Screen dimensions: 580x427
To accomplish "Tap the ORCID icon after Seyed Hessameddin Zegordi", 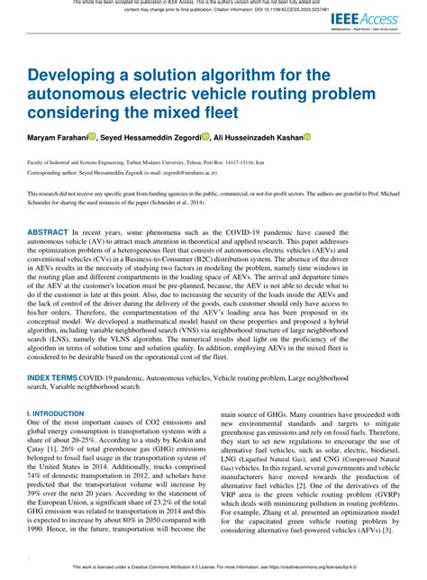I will pyautogui.click(x=205, y=138).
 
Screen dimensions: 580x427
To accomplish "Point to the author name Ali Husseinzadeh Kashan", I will pyautogui.click(x=256, y=138).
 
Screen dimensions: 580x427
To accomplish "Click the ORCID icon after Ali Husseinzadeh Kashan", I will pyautogui.click(x=306, y=138).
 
